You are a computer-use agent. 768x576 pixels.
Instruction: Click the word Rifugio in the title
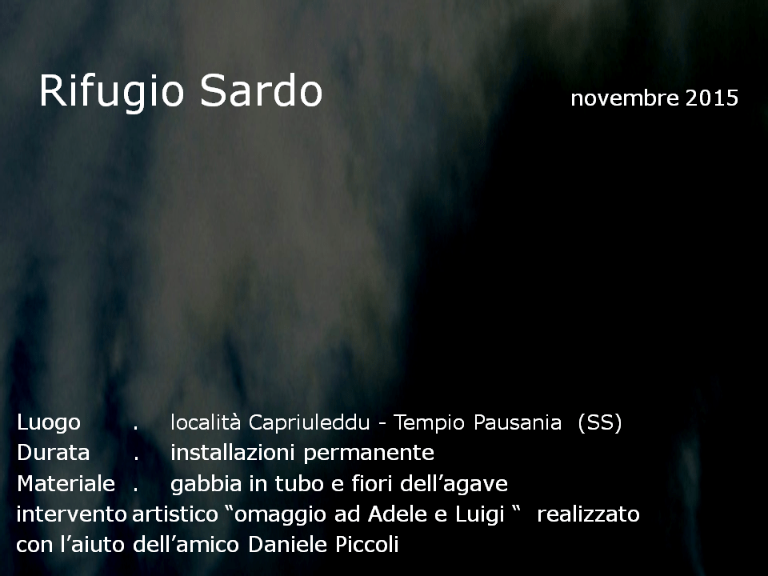click(x=112, y=91)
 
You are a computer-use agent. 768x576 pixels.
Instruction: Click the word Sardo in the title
click(x=261, y=90)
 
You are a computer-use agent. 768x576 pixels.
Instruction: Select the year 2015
click(x=712, y=98)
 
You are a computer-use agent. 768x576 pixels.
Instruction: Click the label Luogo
click(x=49, y=422)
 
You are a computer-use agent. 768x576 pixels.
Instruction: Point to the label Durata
click(x=54, y=453)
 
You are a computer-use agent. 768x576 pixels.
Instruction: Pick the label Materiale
click(x=66, y=483)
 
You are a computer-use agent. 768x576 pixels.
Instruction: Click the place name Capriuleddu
click(x=309, y=422)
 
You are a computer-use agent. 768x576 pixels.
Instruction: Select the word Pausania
click(x=518, y=422)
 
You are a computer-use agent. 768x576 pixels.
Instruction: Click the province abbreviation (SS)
click(x=600, y=422)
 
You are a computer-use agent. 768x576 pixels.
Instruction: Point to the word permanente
click(x=369, y=454)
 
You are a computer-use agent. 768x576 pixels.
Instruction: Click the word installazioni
click(x=233, y=453)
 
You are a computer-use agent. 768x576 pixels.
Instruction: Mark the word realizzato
click(x=588, y=514)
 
